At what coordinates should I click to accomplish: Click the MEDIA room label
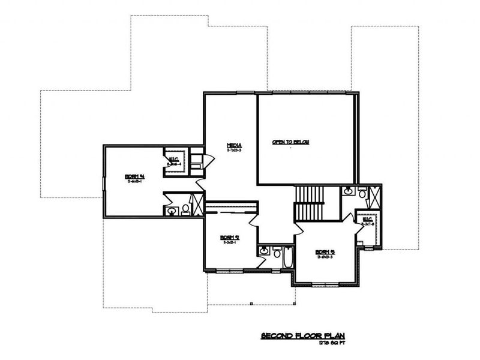point(234,145)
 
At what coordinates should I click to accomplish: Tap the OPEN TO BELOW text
point(294,142)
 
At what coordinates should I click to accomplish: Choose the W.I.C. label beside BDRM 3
point(367,220)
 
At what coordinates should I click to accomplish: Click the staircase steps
point(309,196)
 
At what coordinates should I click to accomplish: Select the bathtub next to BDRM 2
point(287,257)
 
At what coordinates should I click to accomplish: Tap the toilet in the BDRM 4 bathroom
point(185,208)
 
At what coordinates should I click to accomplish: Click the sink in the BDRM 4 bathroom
point(173,211)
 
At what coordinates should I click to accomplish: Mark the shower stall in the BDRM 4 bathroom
point(197,203)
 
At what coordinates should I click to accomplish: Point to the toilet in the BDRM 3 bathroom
point(361,192)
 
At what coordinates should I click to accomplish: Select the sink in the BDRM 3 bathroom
point(348,191)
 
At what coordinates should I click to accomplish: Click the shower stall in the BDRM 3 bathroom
point(373,196)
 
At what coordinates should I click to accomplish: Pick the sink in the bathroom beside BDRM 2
point(265,251)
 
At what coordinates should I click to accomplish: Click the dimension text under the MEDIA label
point(234,150)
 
